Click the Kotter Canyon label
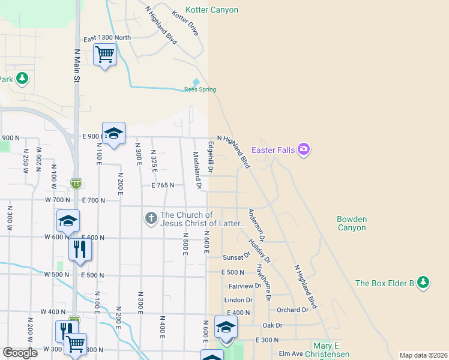tap(212, 10)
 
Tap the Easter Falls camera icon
tap(304, 149)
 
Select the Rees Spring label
tap(200, 90)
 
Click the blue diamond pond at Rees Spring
tap(196, 82)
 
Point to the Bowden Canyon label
tap(352, 224)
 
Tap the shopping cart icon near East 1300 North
tap(105, 55)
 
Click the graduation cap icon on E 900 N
tap(113, 134)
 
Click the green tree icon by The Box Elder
tap(423, 282)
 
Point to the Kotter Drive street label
tap(184, 23)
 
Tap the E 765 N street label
tap(163, 186)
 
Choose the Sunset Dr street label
tap(237, 257)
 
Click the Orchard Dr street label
tap(292, 310)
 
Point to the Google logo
tap(20, 353)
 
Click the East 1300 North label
tap(107, 38)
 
